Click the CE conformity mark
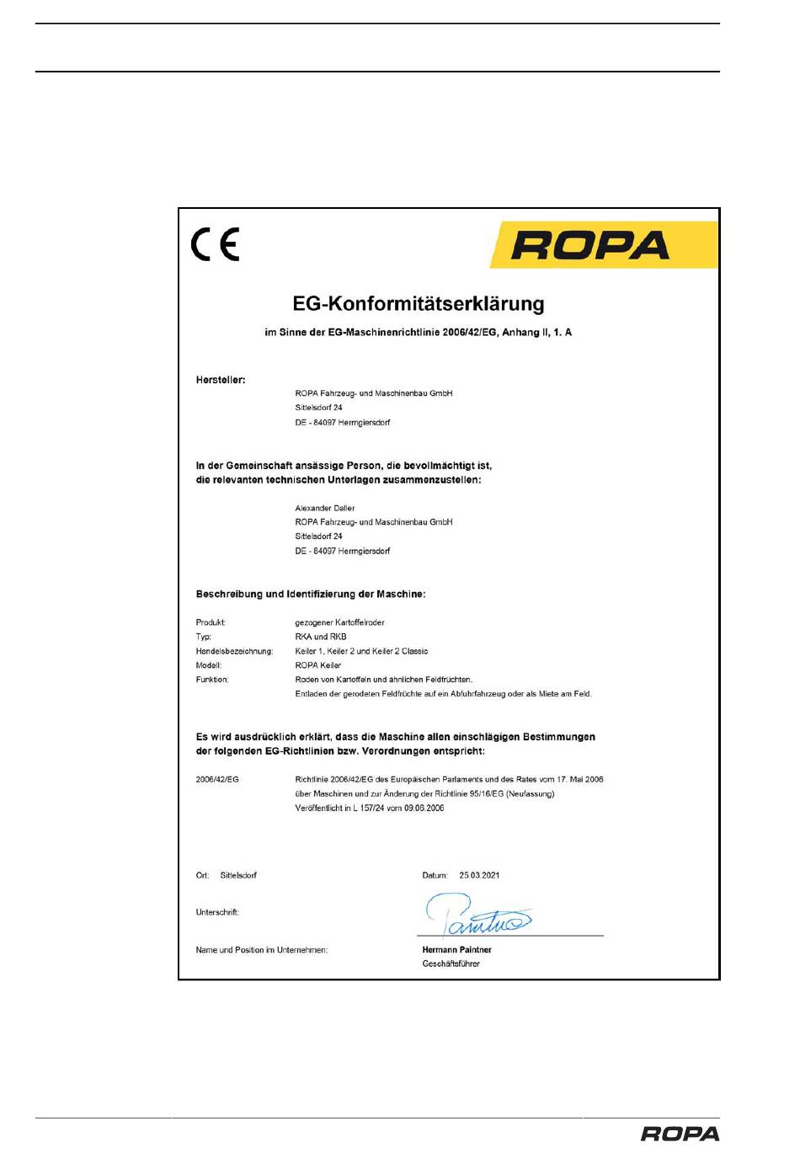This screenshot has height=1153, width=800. pos(216,244)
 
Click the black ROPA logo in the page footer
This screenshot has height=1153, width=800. pos(680,1134)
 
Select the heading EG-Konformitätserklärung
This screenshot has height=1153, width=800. pos(419,304)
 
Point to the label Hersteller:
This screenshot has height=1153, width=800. pos(221,380)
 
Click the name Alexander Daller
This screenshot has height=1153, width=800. pos(325,508)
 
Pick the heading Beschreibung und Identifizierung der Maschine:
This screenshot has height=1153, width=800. pos(311,594)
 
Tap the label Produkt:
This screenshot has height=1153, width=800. pos(211,622)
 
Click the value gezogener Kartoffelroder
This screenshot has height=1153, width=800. pos(339,622)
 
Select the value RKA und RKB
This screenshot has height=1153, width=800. pos(321,637)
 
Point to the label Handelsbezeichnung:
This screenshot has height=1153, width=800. pos(234,651)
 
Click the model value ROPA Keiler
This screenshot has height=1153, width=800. pos(318,665)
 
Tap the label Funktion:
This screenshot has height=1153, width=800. pos(212,680)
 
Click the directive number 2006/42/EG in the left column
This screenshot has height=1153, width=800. pos(217,779)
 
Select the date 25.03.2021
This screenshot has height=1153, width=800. pos(479,875)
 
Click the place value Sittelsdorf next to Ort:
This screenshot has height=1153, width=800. pos(238,875)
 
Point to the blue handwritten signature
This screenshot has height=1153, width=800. pos(476,916)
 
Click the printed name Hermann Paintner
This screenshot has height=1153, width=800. pos(456,949)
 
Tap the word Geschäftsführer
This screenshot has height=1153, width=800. pos(451,964)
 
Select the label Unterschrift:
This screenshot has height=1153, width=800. pos(217,912)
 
